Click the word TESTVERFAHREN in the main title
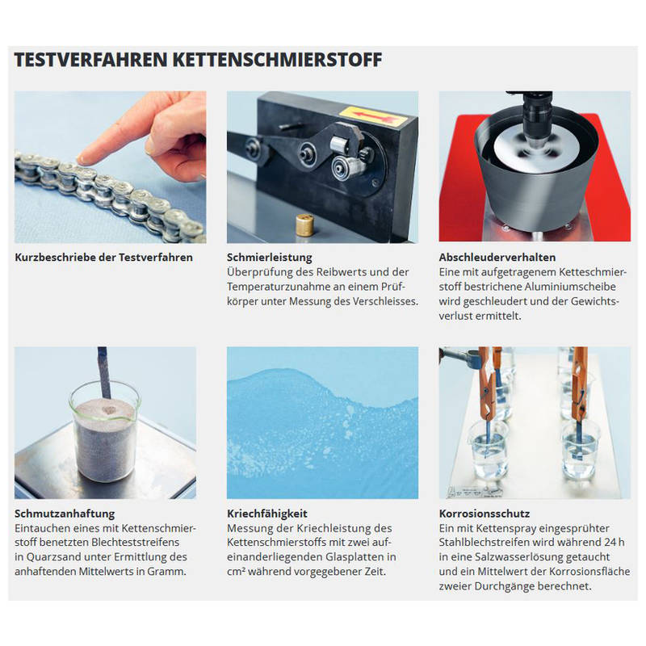(x=90, y=60)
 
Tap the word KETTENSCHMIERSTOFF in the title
(x=277, y=60)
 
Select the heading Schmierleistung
(x=270, y=258)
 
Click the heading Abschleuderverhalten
(x=497, y=258)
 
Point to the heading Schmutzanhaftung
(x=65, y=514)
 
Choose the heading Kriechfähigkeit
(x=267, y=514)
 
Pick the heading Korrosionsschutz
(x=484, y=514)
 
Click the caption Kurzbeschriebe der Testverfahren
(x=104, y=258)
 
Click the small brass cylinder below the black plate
(x=304, y=224)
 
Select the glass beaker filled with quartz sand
(x=106, y=432)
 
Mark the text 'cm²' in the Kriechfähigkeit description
(x=236, y=572)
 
